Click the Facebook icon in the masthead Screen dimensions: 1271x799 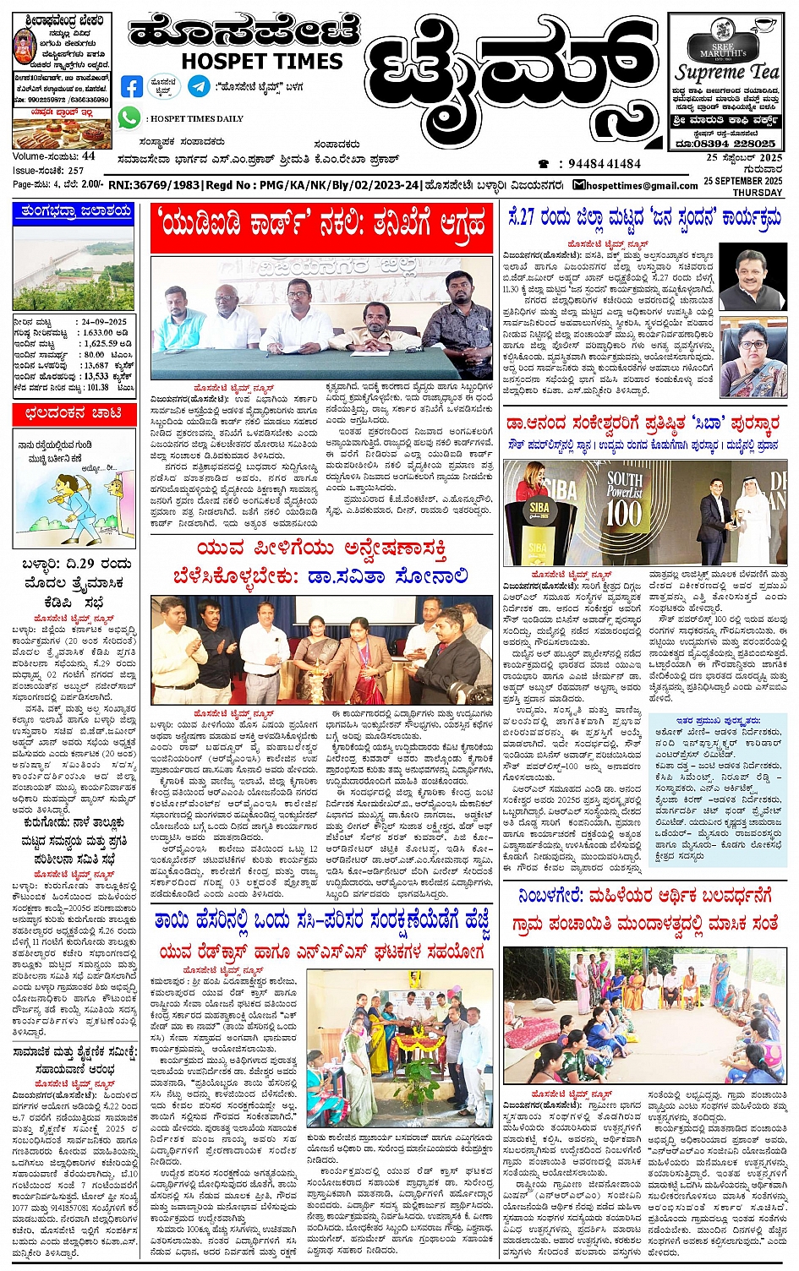[x=132, y=85]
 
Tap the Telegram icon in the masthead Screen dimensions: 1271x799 [x=199, y=85]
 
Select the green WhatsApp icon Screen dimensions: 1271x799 [x=129, y=117]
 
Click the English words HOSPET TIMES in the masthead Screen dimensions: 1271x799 [x=261, y=61]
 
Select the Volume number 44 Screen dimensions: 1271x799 [x=89, y=156]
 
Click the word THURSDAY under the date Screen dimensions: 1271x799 [x=758, y=192]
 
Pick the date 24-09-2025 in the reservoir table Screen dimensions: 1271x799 [x=104, y=322]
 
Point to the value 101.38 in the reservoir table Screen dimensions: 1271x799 [x=97, y=387]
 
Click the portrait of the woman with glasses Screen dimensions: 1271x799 [x=752, y=359]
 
